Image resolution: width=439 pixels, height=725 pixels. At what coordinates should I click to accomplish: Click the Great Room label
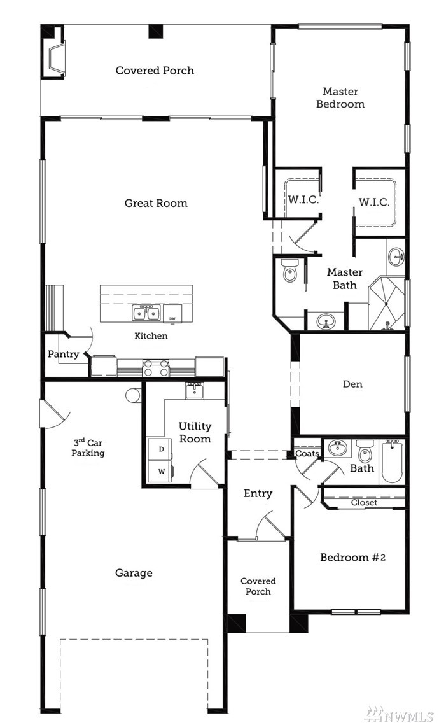pos(156,203)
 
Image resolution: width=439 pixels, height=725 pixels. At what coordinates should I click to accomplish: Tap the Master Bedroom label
pos(340,97)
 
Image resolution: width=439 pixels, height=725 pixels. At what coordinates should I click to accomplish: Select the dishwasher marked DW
pos(172,313)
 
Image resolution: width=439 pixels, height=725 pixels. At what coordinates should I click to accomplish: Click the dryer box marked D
pos(160,449)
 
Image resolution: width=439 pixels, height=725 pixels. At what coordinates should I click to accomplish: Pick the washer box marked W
pos(160,472)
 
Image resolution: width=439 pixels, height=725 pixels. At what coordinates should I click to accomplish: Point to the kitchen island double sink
pos(146,313)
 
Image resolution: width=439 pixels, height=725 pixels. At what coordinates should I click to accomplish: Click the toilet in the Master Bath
pos(289,271)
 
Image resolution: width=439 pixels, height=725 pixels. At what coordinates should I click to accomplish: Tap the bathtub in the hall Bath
pos(392,462)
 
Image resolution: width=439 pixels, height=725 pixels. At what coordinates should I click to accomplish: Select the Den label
pos(352,384)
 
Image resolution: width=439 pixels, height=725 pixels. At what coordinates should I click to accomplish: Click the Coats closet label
pos(307,454)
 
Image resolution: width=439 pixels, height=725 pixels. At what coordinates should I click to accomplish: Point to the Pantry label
pos(64,355)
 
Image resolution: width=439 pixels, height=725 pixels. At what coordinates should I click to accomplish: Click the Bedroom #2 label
pos(352,557)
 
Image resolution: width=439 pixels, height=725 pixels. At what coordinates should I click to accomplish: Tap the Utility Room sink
pos(195,390)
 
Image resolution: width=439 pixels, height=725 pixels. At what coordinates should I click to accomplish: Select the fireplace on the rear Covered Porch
pos(53,58)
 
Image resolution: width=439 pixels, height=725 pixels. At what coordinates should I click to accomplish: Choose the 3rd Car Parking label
pos(88,447)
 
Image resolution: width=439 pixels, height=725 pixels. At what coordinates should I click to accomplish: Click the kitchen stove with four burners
pos(156,367)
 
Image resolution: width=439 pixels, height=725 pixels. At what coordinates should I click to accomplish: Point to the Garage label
pos(134,574)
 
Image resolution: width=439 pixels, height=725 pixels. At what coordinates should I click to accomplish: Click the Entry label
pos(258,494)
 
